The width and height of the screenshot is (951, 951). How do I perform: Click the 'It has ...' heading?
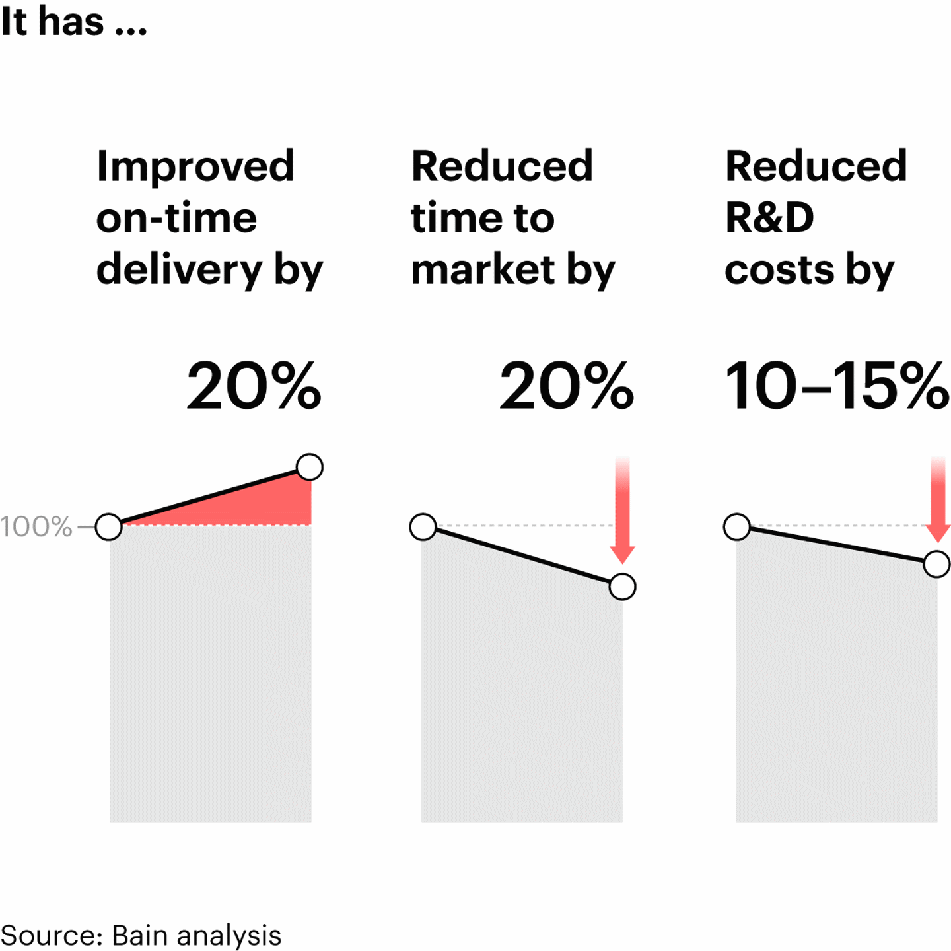(x=73, y=22)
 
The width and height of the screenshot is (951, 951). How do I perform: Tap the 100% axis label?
(x=36, y=527)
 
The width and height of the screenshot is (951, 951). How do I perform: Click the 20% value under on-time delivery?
(x=254, y=386)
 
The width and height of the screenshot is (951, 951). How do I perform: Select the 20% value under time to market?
(x=566, y=386)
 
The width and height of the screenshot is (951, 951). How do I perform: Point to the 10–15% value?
(x=837, y=386)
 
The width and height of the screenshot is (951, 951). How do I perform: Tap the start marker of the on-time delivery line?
(x=109, y=527)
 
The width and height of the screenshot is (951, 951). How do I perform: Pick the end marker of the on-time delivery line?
(x=310, y=467)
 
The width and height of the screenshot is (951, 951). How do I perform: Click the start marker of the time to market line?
(x=423, y=527)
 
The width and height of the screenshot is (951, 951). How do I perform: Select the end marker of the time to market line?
(x=622, y=586)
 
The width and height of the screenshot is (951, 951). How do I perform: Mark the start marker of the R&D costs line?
(x=737, y=527)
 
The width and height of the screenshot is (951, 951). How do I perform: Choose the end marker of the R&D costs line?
(x=936, y=564)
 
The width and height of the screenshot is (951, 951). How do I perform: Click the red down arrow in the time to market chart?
(x=622, y=515)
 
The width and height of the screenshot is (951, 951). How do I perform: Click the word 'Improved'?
(x=195, y=166)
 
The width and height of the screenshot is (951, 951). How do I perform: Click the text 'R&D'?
(x=769, y=218)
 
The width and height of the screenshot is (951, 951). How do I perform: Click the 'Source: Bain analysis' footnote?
(x=141, y=935)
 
